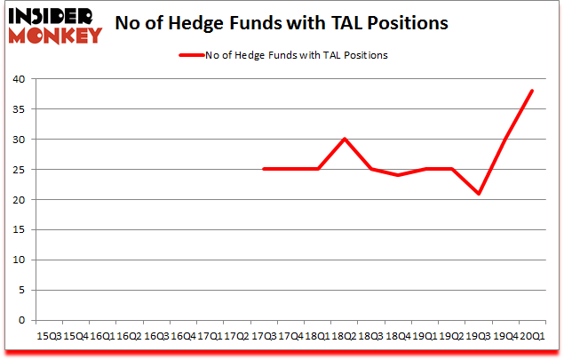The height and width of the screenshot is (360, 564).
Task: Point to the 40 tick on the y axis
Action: click(19, 79)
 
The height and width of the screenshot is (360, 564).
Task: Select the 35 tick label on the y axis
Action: click(19, 109)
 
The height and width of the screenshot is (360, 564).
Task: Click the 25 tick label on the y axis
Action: click(19, 170)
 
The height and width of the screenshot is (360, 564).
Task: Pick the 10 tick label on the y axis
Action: click(19, 260)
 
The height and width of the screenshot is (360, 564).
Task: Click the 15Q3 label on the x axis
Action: click(49, 335)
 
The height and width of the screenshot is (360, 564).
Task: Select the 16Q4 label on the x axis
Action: click(183, 335)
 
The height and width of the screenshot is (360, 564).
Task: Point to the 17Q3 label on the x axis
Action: click(264, 335)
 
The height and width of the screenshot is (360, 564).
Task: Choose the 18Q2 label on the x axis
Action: click(345, 335)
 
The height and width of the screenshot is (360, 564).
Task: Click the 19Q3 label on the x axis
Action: click(479, 335)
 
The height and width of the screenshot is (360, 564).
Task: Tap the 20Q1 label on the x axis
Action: click(532, 335)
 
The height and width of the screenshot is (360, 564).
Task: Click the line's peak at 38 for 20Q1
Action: click(532, 91)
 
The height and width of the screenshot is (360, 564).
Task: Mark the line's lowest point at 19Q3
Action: click(479, 194)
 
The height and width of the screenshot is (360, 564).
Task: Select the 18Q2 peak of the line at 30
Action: click(345, 140)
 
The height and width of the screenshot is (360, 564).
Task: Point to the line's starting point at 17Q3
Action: click(264, 170)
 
